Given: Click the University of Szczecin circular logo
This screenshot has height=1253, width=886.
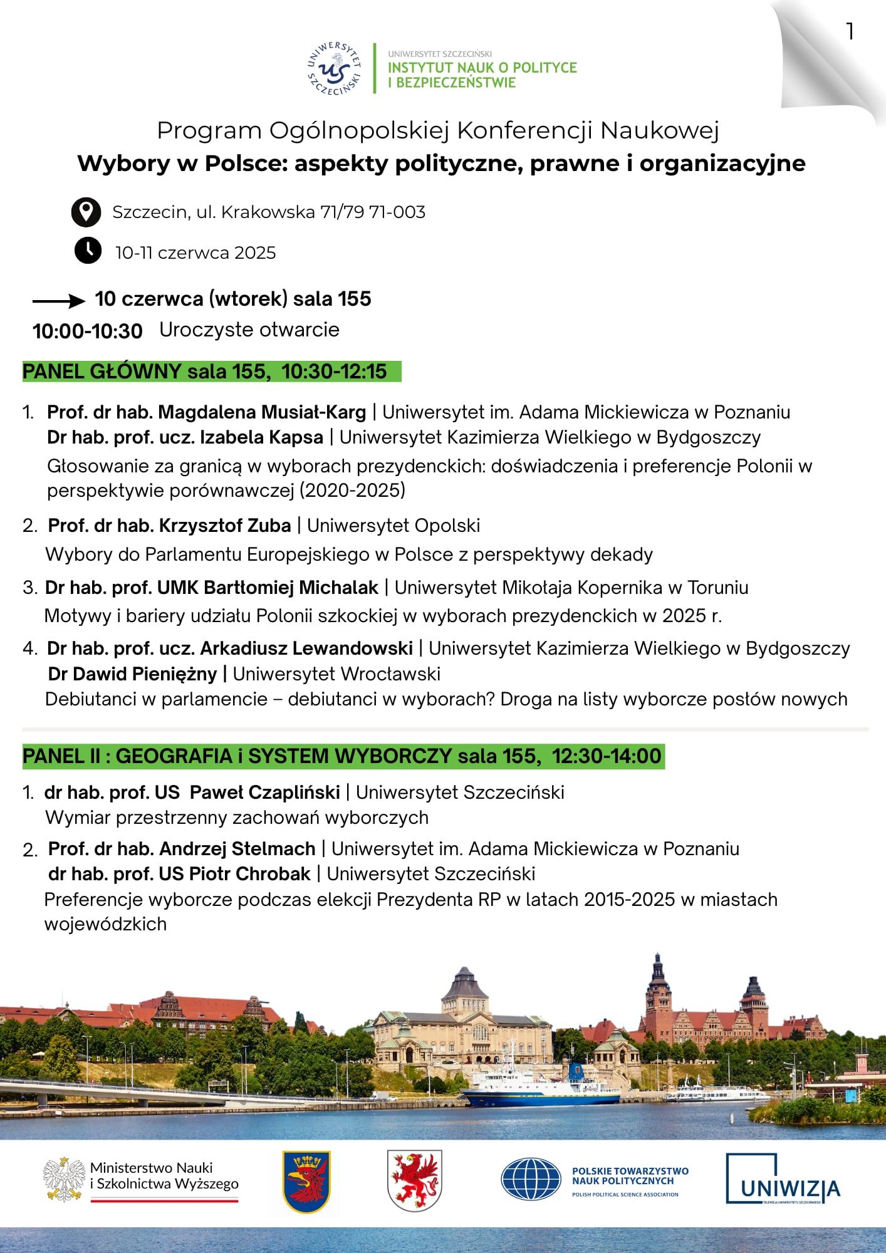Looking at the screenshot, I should (334, 69).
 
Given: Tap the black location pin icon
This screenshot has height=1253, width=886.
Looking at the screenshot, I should (86, 212).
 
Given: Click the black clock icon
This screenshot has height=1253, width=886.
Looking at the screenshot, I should (88, 251).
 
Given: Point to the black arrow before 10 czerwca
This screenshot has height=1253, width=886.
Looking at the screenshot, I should (58, 301).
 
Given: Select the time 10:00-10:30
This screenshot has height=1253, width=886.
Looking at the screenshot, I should (88, 331).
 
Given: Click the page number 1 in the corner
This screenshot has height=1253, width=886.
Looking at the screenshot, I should (850, 31).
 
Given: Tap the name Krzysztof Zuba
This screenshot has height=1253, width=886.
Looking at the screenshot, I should (225, 526).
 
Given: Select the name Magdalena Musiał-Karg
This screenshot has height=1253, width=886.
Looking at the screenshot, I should (261, 412).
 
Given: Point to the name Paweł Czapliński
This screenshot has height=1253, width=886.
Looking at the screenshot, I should (264, 793).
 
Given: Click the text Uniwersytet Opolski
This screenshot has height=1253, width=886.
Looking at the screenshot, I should (393, 526).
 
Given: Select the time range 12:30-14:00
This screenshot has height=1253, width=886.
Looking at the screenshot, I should (606, 756).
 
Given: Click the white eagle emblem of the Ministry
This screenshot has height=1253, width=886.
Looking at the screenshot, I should (64, 1180).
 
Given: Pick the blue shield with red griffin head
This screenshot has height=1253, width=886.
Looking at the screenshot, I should (306, 1182).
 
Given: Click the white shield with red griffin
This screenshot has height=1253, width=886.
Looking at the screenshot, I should (414, 1180).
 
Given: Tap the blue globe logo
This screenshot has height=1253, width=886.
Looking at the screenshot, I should (530, 1180).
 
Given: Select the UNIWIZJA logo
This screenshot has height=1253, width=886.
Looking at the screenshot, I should (783, 1180).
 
